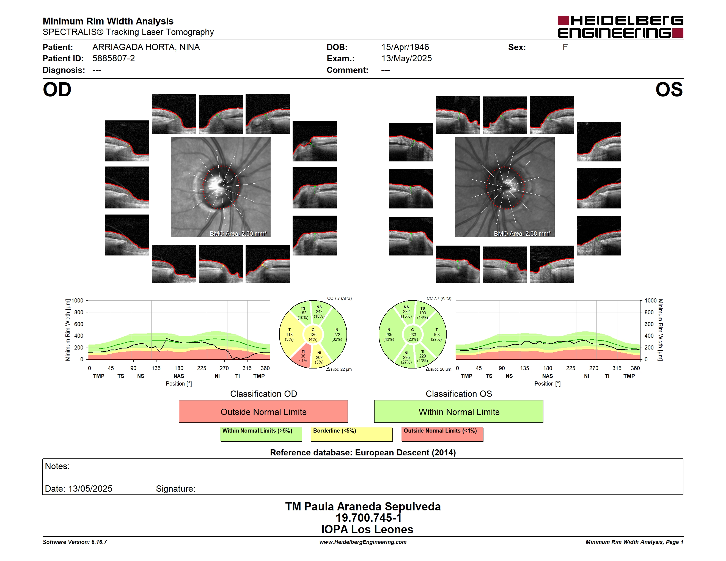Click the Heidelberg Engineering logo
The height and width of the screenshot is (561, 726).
coord(620,27)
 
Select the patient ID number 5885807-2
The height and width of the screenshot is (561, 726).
coord(114,59)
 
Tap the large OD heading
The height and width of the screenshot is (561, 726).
coord(57,90)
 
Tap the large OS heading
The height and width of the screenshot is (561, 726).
coord(669,90)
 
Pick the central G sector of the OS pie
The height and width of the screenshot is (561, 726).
coord(413,335)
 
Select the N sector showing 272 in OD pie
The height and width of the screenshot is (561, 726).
coord(336,334)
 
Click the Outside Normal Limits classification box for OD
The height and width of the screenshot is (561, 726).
coord(263,411)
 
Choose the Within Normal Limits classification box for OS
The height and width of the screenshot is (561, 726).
coord(459,411)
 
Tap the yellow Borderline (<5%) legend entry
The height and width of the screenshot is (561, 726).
coord(352,434)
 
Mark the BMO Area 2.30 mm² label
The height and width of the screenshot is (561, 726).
coord(238,234)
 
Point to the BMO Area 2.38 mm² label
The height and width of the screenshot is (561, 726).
coord(522,234)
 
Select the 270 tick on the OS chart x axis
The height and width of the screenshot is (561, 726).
coord(594,368)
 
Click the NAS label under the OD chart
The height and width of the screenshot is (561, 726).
coord(179,376)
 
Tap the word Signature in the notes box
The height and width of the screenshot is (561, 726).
coord(175,489)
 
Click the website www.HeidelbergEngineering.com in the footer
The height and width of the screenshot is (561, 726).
coord(363,542)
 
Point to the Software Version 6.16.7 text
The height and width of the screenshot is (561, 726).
coord(75,542)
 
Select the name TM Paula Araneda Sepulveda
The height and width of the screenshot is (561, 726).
coord(363,507)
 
